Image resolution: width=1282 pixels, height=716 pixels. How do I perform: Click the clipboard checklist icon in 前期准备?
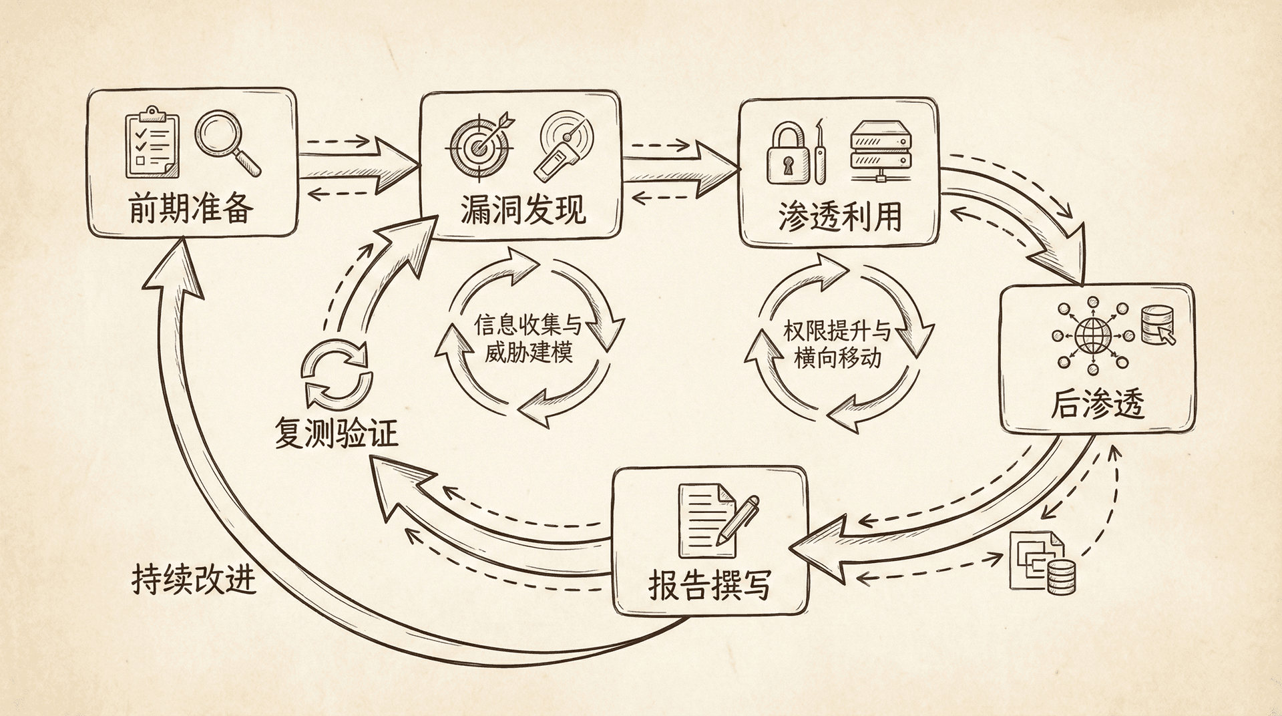(152, 143)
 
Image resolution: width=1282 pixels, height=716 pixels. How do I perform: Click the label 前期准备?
(191, 209)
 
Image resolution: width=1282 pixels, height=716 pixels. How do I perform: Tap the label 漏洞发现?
(522, 210)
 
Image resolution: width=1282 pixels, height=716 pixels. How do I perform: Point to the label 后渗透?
(1097, 404)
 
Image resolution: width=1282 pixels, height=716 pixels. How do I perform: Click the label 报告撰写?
(709, 585)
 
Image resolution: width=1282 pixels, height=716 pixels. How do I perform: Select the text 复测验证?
(337, 433)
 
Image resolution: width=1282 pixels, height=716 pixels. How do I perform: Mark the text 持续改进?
(194, 579)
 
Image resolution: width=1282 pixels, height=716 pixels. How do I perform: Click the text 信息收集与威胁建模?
(527, 339)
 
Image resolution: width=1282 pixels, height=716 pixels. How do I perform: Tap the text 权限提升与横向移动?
(837, 344)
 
